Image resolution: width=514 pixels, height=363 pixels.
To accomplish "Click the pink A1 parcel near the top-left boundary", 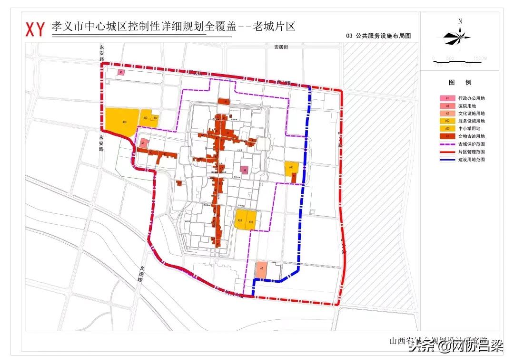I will pos(121,73).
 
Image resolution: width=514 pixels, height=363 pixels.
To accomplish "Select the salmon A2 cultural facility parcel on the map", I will pos(261,269).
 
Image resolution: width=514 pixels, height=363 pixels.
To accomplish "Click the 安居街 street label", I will pos(281,47).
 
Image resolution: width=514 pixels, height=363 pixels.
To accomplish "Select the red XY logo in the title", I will pos(35,29).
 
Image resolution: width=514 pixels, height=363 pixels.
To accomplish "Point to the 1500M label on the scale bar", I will pos(480,58).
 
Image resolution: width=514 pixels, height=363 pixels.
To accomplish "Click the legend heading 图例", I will pos(460,82).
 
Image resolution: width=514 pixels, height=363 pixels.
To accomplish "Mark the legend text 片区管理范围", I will pos(471,152).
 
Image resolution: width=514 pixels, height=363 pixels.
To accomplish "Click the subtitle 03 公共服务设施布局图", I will pos(378,36).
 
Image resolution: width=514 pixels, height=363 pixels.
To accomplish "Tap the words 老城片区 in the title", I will pos(274,26).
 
